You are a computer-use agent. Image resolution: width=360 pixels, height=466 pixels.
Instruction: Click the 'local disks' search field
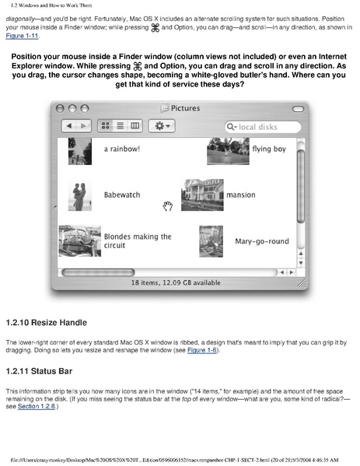click(263, 126)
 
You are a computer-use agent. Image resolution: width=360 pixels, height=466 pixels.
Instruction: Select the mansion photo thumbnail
click(201, 194)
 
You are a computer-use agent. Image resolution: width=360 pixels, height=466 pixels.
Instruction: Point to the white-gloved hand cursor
click(166, 205)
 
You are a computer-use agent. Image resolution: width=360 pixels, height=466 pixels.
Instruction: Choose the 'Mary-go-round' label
click(262, 241)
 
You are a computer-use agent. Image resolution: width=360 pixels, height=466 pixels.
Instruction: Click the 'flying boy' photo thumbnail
click(228, 151)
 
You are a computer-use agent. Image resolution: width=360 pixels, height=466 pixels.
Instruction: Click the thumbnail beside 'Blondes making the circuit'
click(79, 241)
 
